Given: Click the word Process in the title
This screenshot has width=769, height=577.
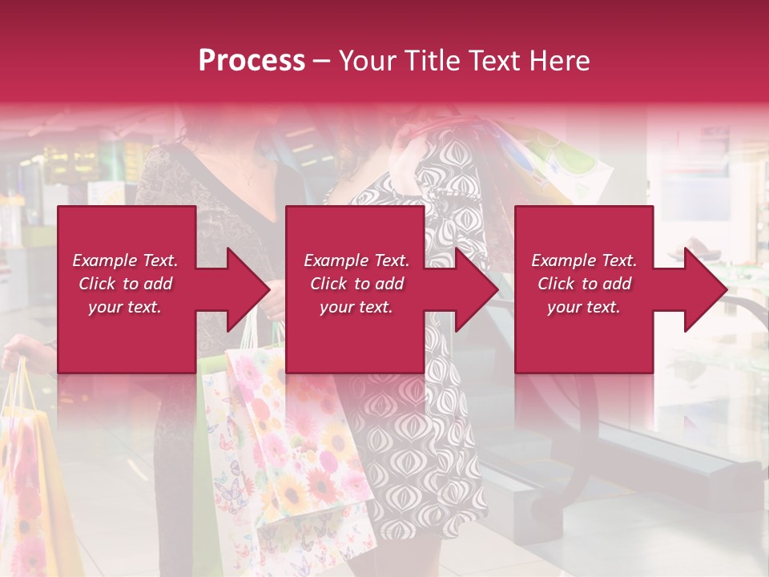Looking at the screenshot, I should coord(252,61).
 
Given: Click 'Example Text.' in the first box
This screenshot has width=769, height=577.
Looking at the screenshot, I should coord(125,260).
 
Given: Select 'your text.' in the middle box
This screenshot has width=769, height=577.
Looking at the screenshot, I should coord(356,307).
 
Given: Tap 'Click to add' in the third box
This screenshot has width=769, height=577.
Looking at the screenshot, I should coord(584,284).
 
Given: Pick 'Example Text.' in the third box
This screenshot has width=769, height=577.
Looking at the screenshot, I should coord(584,260).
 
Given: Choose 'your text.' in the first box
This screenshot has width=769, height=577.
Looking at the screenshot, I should coord(125,307).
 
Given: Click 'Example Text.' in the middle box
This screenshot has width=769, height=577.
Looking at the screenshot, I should coord(356,260).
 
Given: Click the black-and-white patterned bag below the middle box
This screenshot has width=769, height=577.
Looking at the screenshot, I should coord(409,449).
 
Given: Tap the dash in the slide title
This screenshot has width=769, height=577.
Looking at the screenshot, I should coord(320,62).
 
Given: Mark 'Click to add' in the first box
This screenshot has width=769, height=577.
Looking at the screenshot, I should coord(125,284).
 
